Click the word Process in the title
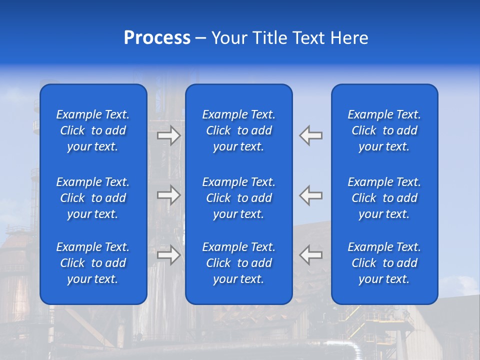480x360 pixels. [x=157, y=38]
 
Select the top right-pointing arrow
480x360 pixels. [x=169, y=135]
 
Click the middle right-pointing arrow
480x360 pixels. [x=169, y=195]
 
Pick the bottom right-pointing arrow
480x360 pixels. [x=169, y=255]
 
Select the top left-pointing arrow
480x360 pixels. [x=311, y=135]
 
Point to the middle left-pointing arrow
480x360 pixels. [x=311, y=195]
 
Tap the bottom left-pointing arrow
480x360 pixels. [x=311, y=255]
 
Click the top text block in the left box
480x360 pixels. [x=93, y=130]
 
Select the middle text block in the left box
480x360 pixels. [x=93, y=198]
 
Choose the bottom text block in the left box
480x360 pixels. [x=93, y=263]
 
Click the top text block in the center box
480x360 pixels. [x=239, y=130]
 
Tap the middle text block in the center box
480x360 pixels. [x=239, y=198]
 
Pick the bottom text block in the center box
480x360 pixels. [x=239, y=263]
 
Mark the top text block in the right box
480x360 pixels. [x=384, y=130]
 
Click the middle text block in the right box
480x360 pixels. [x=384, y=198]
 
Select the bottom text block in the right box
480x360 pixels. [x=384, y=263]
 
